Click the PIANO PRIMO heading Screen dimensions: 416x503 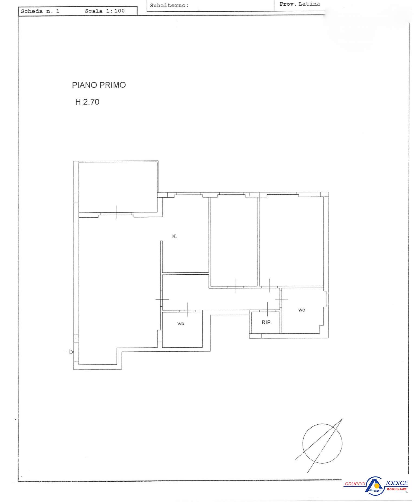coord(99,85)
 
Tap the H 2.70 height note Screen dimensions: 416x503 coord(87,102)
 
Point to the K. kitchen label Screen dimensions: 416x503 coord(175,236)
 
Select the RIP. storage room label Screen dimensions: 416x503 coord(267,322)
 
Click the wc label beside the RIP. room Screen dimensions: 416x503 coord(302,310)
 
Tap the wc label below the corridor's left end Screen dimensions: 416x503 coord(181,324)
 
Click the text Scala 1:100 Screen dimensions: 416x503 coord(105,11)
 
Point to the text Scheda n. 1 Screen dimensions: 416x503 coord(40,11)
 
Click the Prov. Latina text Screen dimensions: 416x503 coord(300,4)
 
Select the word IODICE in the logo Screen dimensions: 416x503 coord(396,483)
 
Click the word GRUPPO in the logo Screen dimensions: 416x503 coord(355,484)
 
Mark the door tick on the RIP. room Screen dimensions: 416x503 coord(267,309)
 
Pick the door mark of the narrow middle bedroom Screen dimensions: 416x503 coord(236,286)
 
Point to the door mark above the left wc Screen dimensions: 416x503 coord(187,309)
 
